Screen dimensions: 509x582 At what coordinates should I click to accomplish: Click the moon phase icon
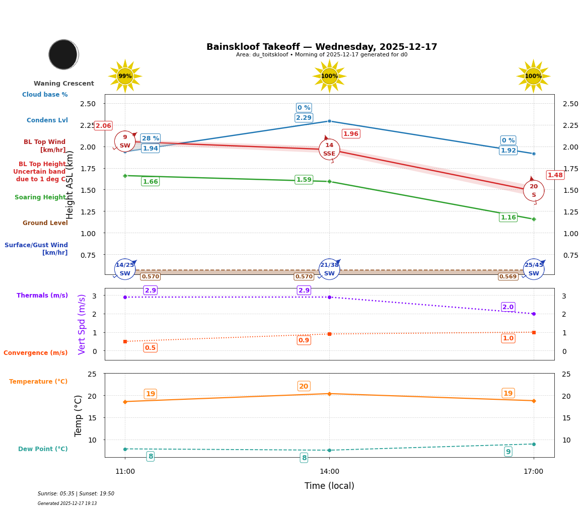(63, 54)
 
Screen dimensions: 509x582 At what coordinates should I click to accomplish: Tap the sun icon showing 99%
(125, 76)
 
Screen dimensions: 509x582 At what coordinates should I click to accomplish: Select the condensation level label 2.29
(304, 118)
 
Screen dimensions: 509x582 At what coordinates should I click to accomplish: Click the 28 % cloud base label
(150, 138)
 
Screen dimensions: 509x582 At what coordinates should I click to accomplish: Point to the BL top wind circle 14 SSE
(329, 150)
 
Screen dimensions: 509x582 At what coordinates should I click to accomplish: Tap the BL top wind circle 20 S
(533, 191)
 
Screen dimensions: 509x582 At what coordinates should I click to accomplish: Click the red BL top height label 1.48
(555, 175)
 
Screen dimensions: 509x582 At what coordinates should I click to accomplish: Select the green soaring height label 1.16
(508, 217)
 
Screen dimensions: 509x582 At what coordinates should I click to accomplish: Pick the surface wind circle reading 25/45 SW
(533, 269)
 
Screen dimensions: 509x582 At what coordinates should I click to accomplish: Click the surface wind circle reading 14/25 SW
(125, 269)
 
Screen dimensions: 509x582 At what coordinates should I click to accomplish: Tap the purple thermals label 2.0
(508, 307)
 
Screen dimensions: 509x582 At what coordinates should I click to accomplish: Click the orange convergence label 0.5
(150, 348)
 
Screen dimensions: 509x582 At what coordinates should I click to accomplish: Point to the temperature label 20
(304, 387)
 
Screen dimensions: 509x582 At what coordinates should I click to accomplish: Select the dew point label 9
(508, 452)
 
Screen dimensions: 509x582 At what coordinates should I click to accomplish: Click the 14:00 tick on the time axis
(329, 472)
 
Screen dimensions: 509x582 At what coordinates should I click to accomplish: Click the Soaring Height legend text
(40, 197)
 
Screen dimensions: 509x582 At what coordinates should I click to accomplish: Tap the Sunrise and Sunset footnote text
(76, 494)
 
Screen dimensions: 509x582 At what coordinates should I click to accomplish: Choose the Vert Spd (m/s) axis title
(82, 324)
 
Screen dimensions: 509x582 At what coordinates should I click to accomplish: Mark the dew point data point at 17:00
(533, 444)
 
